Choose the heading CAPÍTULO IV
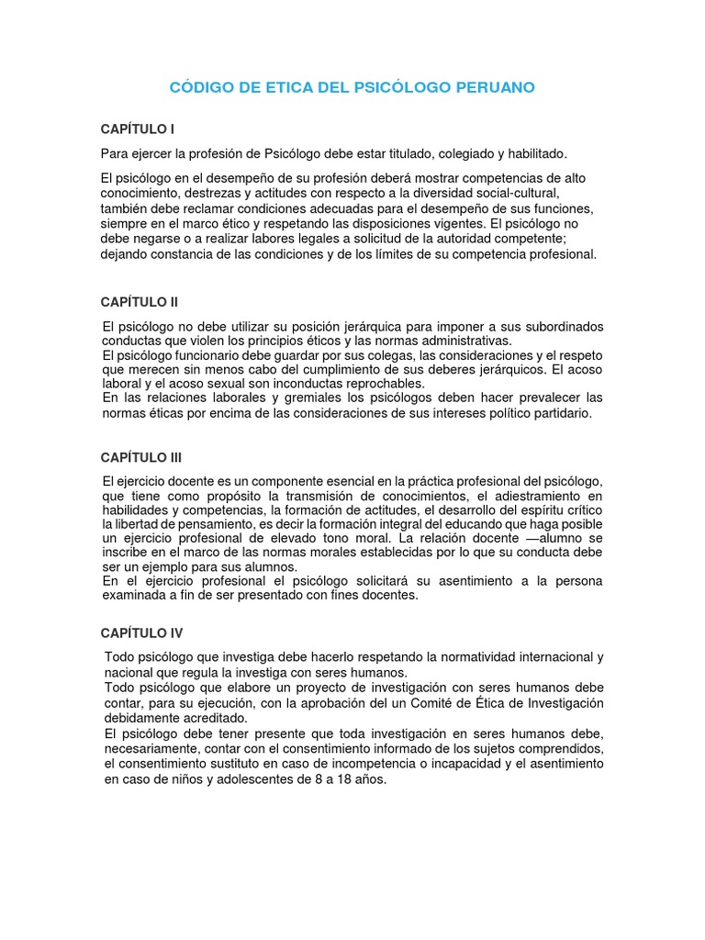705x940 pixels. [x=141, y=632]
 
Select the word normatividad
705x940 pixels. [x=464, y=658]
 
